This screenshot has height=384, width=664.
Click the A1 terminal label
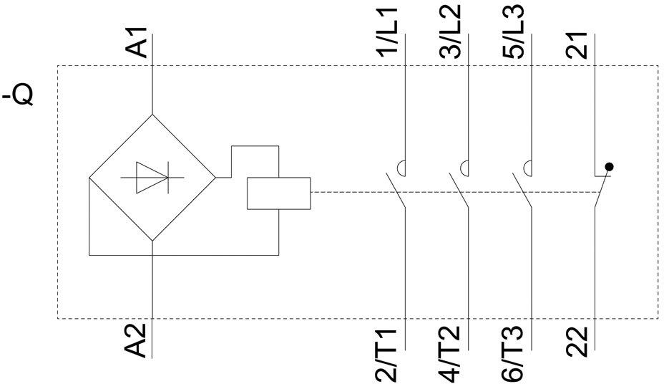coord(137,42)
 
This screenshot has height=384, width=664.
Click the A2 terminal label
coord(137,340)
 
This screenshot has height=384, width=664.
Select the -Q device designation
coord(18,96)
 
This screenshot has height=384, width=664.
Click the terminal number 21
coord(577,45)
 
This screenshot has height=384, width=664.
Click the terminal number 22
coord(577,342)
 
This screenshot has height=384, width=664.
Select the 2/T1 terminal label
coord(387,353)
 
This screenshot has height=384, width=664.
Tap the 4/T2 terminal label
coord(450,353)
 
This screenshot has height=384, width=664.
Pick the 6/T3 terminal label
coord(513,353)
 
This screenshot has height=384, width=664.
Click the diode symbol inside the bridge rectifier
coord(152,177)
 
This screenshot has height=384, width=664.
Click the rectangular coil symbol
coord(278,193)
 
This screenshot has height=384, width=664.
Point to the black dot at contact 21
coord(609,167)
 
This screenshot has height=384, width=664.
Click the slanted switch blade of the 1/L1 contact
coord(396,190)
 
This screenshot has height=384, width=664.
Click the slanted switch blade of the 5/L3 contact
coord(522,190)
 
